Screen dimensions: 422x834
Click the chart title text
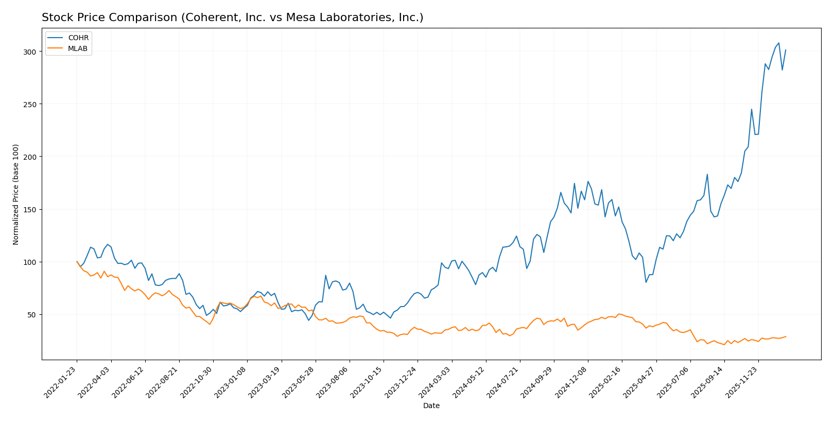(232, 18)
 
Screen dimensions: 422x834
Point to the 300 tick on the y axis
(29, 52)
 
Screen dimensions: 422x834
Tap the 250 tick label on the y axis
(29, 104)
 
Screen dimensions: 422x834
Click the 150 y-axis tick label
(29, 209)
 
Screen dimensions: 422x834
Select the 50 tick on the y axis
(31, 314)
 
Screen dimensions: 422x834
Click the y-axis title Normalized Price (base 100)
(16, 194)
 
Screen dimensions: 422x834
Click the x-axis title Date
(431, 406)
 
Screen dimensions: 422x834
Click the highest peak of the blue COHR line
(778, 43)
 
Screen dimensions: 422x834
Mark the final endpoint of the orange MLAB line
(786, 336)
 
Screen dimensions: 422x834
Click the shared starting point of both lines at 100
(77, 262)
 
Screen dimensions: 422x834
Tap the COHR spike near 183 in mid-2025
(707, 174)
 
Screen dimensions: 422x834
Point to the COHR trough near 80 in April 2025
(646, 282)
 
